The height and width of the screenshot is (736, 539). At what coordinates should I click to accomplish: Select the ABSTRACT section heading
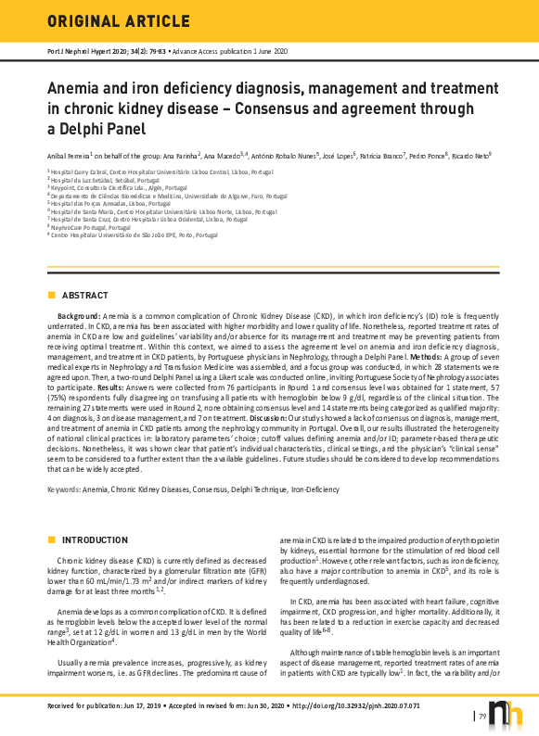tap(84, 296)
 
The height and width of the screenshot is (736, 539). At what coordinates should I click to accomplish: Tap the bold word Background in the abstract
tap(79, 316)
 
